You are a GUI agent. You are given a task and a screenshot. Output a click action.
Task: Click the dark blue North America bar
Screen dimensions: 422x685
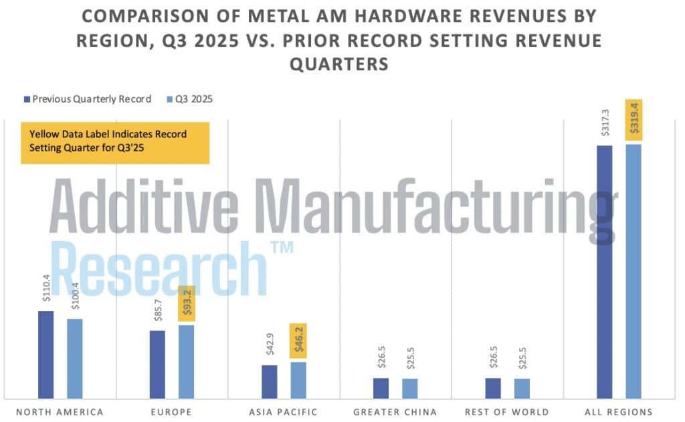tap(45, 354)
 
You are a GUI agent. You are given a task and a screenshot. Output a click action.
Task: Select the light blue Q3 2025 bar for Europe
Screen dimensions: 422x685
tap(186, 361)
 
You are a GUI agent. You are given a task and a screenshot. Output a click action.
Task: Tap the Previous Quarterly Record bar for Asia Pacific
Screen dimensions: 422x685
tap(270, 381)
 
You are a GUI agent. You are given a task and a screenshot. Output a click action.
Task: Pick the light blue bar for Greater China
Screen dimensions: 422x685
tap(410, 389)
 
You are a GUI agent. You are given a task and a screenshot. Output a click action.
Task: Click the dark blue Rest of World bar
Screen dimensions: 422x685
tap(493, 388)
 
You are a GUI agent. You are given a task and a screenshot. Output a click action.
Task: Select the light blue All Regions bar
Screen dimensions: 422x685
tap(633, 271)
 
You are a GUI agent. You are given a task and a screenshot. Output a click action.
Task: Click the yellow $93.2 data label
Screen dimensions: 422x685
tap(187, 305)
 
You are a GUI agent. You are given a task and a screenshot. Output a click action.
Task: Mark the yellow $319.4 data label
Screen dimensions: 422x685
tap(633, 120)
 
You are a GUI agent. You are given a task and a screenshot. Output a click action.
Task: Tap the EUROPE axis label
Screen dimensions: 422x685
tap(171, 411)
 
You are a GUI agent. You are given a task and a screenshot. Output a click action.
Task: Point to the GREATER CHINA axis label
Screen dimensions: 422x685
tap(395, 411)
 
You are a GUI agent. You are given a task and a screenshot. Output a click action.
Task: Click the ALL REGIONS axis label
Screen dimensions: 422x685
tap(619, 411)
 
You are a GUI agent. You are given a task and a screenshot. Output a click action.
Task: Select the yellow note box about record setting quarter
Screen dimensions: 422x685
tap(115, 142)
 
